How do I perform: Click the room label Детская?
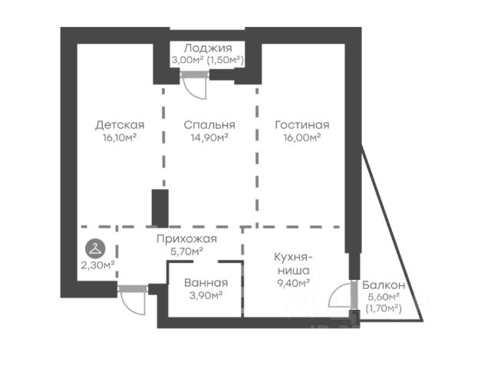pyautogui.click(x=120, y=125)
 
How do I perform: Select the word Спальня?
pyautogui.click(x=209, y=125)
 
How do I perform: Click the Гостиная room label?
pyautogui.click(x=302, y=125)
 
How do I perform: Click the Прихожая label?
pyautogui.click(x=186, y=239)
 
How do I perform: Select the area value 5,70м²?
pyautogui.click(x=186, y=251)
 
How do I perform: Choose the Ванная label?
pyautogui.click(x=205, y=282)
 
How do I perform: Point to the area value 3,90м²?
pyautogui.click(x=205, y=294)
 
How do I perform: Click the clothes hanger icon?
pyautogui.click(x=94, y=248)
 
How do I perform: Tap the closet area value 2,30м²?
pyautogui.click(x=97, y=264)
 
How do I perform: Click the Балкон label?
pyautogui.click(x=382, y=284)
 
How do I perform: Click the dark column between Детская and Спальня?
pyautogui.click(x=160, y=207)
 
